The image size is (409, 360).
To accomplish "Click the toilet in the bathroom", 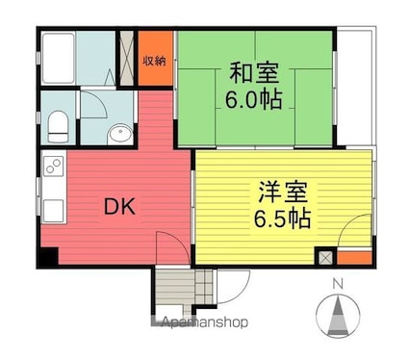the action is click(58, 127).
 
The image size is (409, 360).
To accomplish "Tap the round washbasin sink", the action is click(119, 134).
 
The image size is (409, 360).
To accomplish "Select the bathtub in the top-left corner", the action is click(59, 58).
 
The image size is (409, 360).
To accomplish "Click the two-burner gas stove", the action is click(53, 166).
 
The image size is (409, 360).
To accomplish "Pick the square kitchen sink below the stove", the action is click(53, 210).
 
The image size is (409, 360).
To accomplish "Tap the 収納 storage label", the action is click(155, 61).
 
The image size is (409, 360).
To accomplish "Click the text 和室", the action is click(254, 73).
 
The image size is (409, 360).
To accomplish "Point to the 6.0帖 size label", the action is click(254, 99).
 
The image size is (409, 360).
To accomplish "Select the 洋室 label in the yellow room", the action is click(283, 192).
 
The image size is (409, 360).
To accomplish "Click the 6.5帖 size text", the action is click(283, 219).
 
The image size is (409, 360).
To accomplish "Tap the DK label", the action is click(119, 206).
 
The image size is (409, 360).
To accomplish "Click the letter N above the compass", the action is click(338, 284).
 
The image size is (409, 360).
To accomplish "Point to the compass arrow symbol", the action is click(338, 316).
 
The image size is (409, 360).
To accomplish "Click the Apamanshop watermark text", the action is click(205, 322).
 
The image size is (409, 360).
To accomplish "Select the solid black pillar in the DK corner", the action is click(48, 257).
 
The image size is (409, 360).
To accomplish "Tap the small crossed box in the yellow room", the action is click(325, 257).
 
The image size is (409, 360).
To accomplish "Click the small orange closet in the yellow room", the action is click(354, 257).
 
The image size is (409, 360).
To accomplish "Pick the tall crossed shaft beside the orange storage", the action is click(126, 58).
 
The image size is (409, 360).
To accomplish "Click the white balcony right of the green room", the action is click(355, 87).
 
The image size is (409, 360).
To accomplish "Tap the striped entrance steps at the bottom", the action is click(184, 287).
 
